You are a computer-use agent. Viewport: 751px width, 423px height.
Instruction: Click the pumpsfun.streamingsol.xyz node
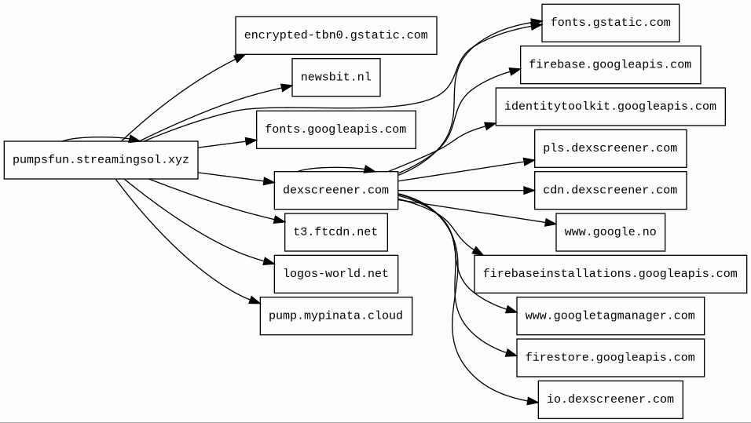101,160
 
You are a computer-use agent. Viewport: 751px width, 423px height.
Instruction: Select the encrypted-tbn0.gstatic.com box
335,35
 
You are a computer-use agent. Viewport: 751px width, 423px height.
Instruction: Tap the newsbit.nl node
335,77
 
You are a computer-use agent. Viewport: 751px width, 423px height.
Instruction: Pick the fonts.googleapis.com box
335,129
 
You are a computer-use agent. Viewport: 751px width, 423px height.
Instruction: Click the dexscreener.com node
335,190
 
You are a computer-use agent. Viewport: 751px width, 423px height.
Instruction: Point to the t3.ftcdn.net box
335,232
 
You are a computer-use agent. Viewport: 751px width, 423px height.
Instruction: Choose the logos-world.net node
335,274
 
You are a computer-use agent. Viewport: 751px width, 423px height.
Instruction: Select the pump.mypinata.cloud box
335,315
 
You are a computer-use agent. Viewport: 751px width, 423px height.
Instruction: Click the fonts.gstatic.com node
610,23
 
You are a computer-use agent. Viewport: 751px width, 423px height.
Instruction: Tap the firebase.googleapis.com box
610,64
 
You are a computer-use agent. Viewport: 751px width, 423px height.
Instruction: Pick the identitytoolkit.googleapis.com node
610,107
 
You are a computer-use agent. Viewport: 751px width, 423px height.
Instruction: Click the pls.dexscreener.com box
610,148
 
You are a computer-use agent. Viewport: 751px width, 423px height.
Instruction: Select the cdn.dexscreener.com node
610,190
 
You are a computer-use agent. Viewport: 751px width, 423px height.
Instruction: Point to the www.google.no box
610,232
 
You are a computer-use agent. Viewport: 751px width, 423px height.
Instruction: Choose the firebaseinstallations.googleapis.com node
610,274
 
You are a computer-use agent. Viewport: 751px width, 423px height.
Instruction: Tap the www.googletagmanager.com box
610,315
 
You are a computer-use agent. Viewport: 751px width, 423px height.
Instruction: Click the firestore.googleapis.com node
610,357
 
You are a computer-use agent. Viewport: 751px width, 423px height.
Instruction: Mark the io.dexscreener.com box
610,399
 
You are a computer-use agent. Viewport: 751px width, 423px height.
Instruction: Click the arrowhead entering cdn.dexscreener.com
529,191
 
